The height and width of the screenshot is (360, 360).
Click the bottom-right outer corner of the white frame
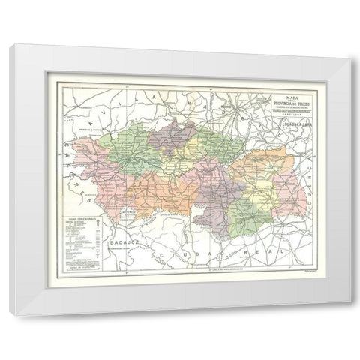coord(351,313)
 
